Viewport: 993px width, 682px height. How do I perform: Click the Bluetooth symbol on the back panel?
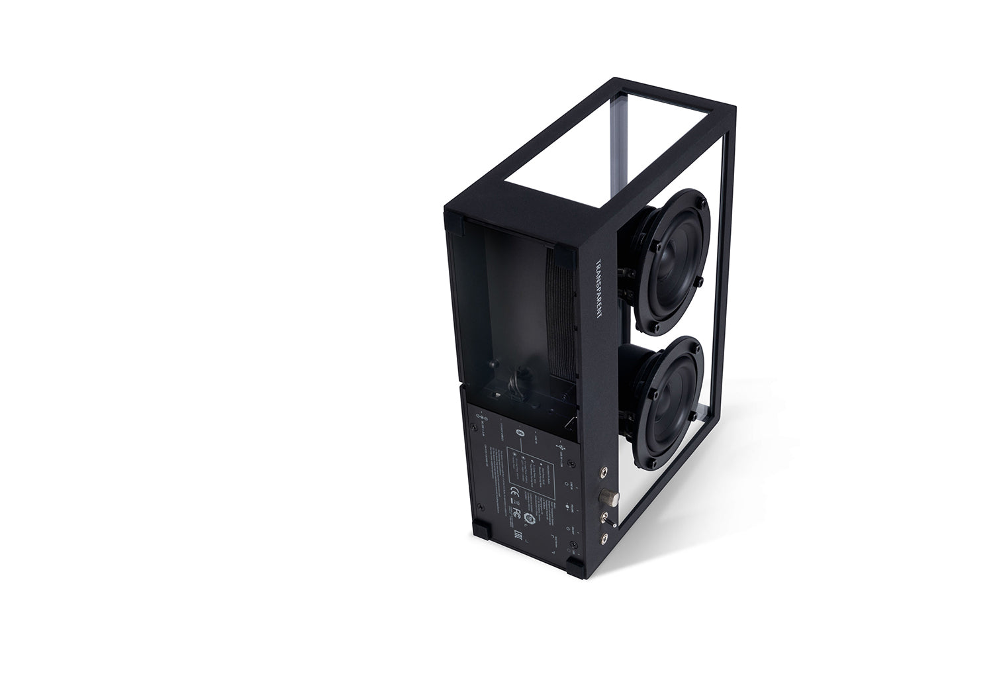point(520,432)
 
